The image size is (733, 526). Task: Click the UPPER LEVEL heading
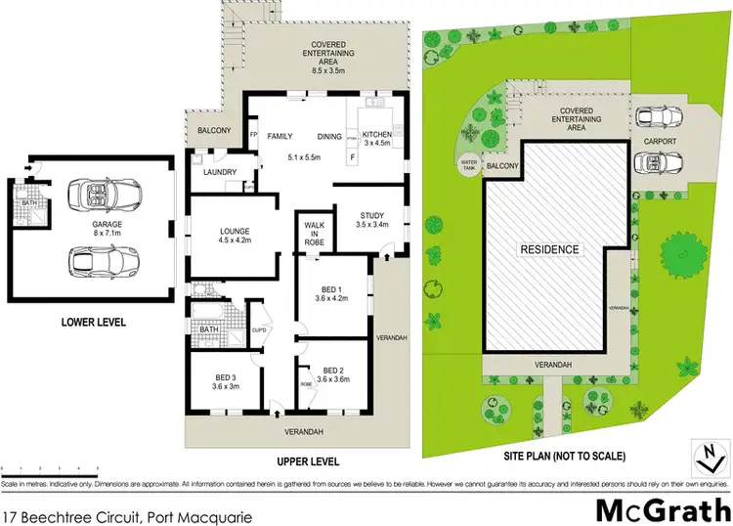pos(307,460)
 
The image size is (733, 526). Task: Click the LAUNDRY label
pos(221,173)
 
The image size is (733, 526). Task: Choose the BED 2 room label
pos(333,374)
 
